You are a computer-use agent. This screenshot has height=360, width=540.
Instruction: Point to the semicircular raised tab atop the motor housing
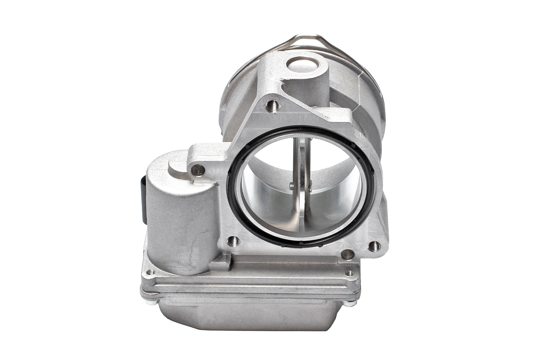[179, 168]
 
